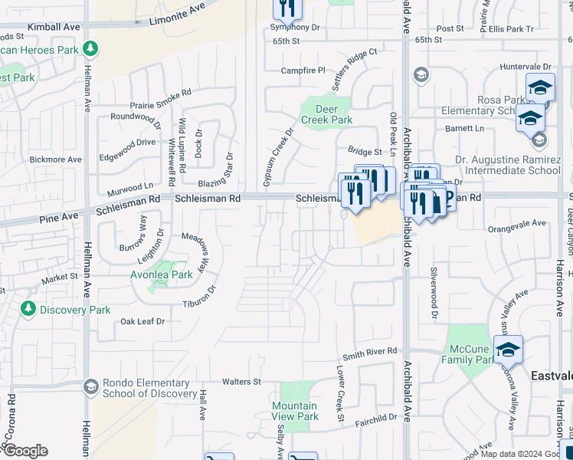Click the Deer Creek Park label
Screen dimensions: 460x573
pos(326,114)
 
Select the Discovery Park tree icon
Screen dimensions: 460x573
pos(28,309)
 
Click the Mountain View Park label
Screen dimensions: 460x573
pos(295,411)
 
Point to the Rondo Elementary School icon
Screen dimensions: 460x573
pos(90,386)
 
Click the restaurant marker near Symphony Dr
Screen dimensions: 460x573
pos(287,8)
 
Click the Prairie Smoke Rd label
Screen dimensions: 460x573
pos(161,98)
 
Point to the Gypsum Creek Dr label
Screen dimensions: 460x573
pos(278,157)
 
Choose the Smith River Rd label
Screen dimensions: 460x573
pos(370,352)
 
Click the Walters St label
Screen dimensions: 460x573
pos(241,381)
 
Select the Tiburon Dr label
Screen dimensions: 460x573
pos(200,298)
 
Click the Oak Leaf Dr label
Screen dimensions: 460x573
pos(142,322)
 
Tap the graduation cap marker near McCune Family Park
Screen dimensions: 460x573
pos(508,349)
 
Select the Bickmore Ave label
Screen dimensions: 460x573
pos(55,159)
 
